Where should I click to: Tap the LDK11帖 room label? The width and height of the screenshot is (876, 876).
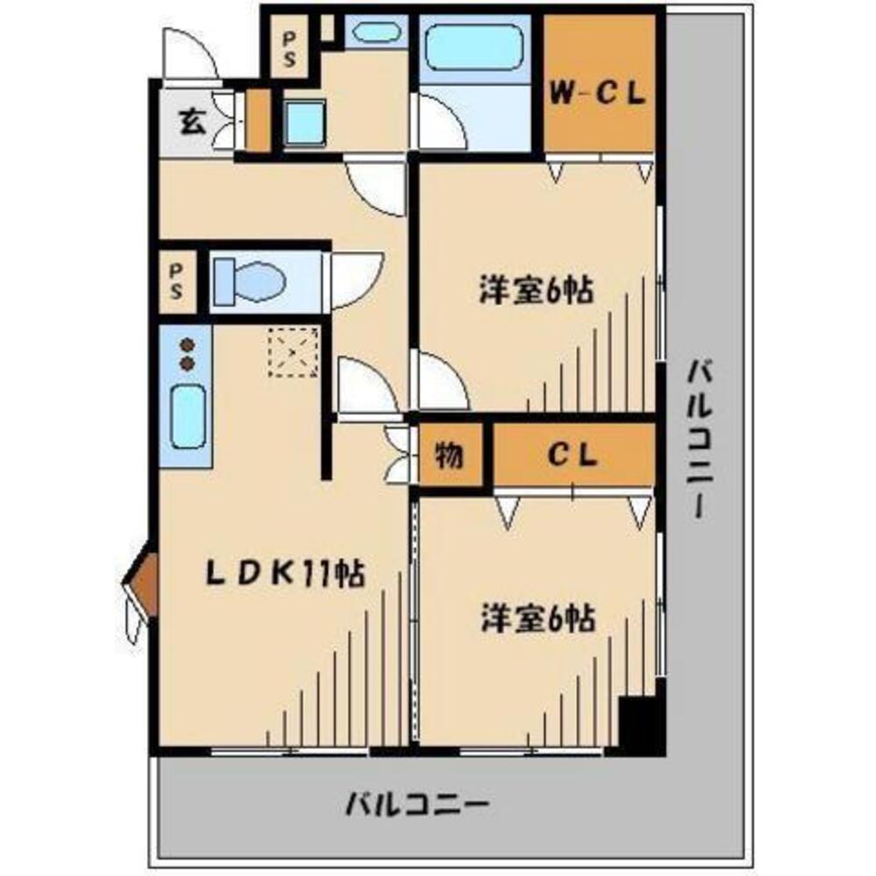[x=285, y=574]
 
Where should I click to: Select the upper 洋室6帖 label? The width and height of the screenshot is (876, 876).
[x=536, y=290]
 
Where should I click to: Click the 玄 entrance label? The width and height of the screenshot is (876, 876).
[x=192, y=122]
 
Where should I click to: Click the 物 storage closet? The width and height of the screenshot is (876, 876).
[x=449, y=456]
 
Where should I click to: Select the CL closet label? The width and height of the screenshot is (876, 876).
[x=573, y=455]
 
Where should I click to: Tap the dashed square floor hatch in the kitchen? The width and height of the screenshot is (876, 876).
[x=293, y=352]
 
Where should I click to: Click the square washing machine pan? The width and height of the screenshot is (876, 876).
[x=307, y=124]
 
